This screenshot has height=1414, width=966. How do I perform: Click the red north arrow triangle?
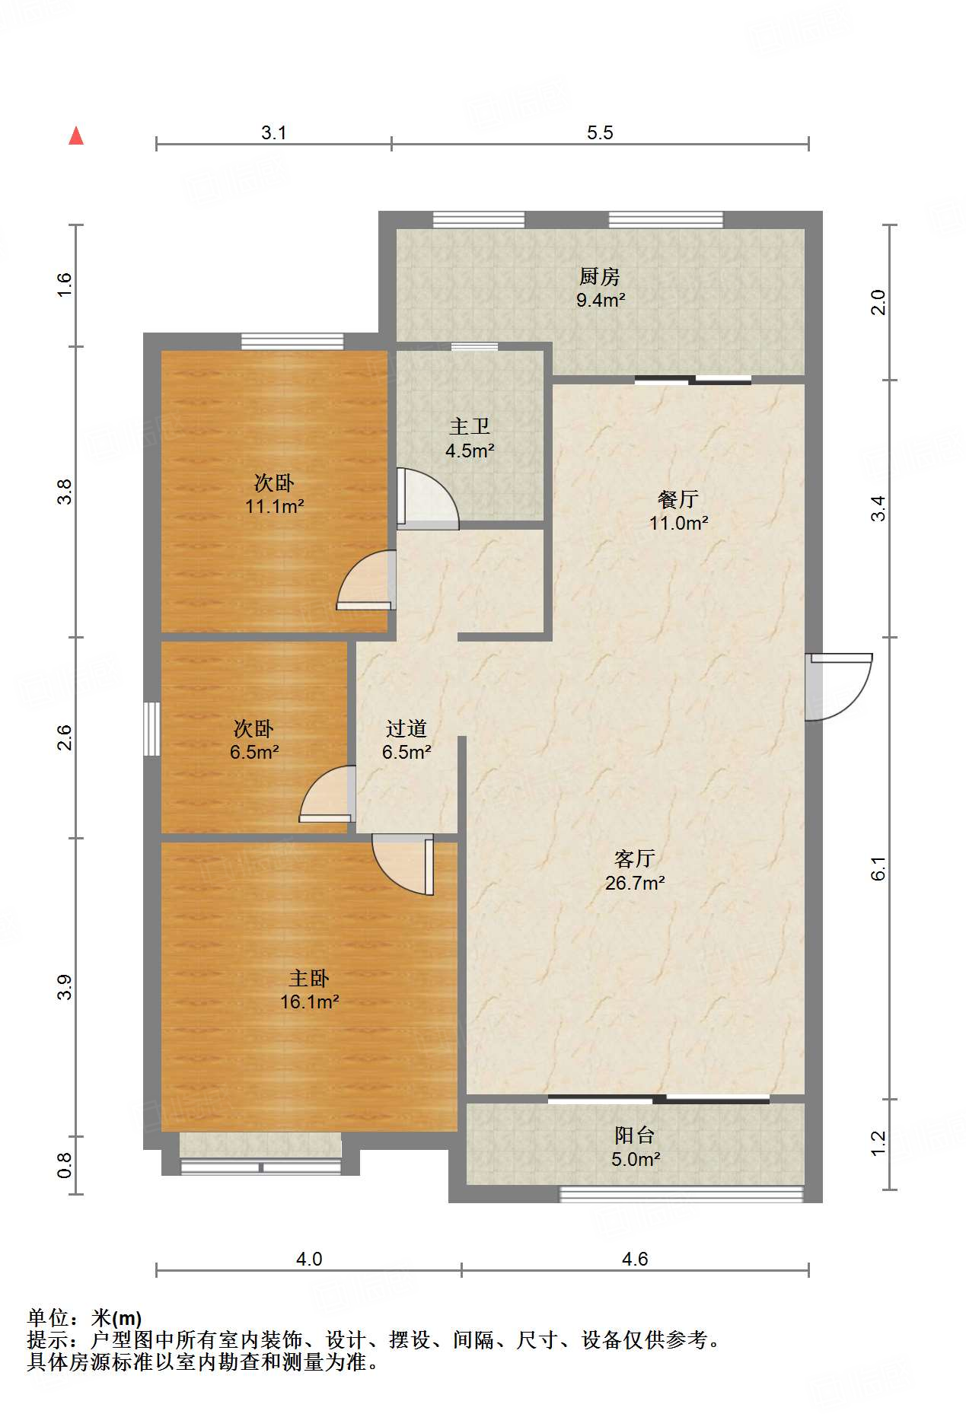(x=76, y=135)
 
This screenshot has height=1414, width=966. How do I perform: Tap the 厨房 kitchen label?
(x=600, y=276)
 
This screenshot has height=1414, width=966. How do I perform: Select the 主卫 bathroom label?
(x=470, y=426)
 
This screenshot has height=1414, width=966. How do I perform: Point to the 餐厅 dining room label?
(x=678, y=499)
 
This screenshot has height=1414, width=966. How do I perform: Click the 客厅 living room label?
(x=635, y=858)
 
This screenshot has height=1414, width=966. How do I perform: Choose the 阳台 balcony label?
(x=635, y=1135)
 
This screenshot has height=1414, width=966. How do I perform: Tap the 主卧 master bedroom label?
(x=309, y=978)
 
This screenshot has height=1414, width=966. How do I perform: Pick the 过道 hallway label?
(x=406, y=728)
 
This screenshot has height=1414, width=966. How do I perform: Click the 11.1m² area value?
(x=275, y=506)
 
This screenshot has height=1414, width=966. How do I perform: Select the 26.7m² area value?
(x=635, y=883)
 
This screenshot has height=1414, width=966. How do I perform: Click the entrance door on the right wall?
(x=838, y=686)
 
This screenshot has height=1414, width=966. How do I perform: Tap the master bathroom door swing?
(x=428, y=498)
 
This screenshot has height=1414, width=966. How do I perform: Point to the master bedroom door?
(x=403, y=865)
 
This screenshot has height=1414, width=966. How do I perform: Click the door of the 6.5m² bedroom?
(x=328, y=794)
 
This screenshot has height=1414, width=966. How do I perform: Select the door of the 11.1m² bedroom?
(x=366, y=580)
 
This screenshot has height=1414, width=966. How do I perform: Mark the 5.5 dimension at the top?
(x=600, y=132)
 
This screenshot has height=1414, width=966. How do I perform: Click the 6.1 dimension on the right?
(x=878, y=868)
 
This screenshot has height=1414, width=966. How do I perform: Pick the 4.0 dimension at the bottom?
(x=309, y=1259)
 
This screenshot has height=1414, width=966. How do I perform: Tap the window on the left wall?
(x=152, y=728)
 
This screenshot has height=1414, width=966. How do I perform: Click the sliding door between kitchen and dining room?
(x=693, y=380)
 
